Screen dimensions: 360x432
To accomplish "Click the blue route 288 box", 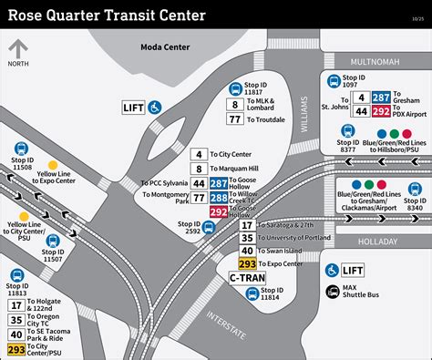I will coord(219,197).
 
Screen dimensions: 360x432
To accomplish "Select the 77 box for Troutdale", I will coord(235,119).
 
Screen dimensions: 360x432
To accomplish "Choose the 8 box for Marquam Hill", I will coord(198,169).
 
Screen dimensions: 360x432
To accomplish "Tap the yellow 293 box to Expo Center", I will coord(247,263).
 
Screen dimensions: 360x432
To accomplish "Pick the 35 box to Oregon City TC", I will coord(16,320).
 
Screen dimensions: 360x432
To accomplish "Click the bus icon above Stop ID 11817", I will coord(235,88).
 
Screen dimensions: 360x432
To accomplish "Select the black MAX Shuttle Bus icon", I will coord(332,292).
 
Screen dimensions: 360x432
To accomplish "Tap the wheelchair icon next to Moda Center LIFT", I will coord(156,107).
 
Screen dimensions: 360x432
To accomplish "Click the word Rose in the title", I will coord(29,15).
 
